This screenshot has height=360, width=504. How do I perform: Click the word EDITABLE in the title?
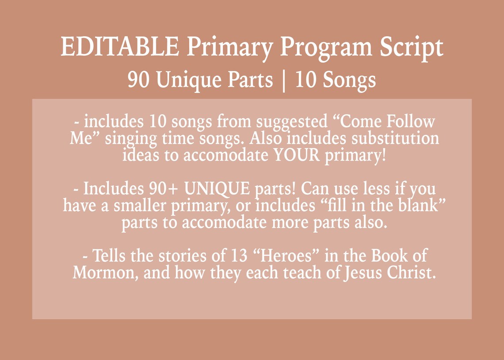coord(120,47)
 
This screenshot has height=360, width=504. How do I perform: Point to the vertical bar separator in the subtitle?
coord(283,80)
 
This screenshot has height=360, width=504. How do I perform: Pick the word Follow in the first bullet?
coord(410,121)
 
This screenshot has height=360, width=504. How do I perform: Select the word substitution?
coord(395,138)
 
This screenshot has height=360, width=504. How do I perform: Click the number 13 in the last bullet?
coord(241,256)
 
